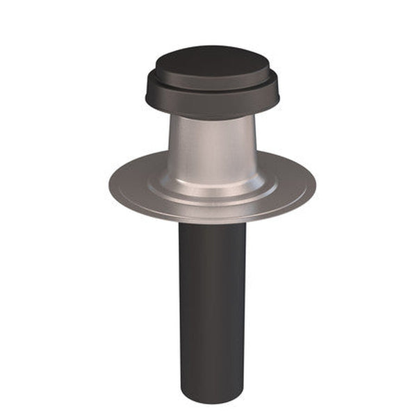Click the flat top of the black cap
coord(212,63)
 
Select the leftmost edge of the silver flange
coord(110,184)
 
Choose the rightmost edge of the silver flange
coord(315,184)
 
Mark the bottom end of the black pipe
coord(212,399)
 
